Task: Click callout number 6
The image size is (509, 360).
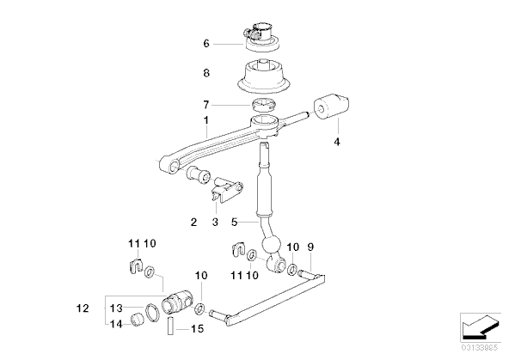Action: [206, 44]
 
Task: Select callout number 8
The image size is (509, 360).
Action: [206, 73]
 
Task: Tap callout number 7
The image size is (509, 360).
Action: [205, 105]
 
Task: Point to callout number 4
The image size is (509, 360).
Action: [337, 142]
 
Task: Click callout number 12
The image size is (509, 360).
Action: [83, 308]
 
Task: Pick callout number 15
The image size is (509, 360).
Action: [197, 329]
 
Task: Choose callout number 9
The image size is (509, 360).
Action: [310, 247]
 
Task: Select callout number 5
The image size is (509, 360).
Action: [235, 223]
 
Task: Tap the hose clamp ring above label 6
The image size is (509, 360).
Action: [261, 33]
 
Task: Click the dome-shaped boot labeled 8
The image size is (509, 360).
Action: [263, 77]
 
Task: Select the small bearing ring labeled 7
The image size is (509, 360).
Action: [264, 104]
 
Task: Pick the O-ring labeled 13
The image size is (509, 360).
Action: [152, 313]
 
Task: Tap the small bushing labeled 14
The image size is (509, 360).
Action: [138, 319]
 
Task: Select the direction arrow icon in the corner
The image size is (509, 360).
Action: [480, 327]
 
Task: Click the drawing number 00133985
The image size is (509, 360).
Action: [480, 348]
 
